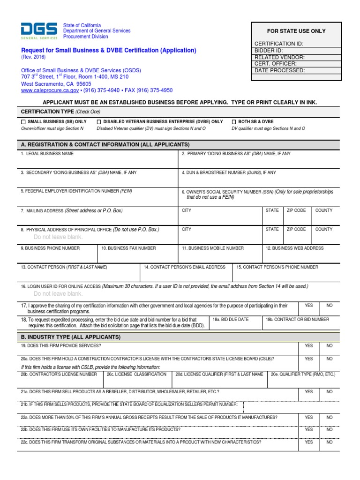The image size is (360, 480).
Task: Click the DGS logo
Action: (39, 30)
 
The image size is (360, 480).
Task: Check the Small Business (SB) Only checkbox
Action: (23, 122)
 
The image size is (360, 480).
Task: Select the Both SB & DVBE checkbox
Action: (234, 122)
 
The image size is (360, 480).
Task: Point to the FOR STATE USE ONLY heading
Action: (296, 31)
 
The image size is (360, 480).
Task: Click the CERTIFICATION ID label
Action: (278, 44)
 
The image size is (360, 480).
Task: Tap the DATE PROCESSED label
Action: (279, 70)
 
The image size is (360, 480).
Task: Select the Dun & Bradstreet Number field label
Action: (229, 172)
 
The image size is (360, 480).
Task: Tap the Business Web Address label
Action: (294, 248)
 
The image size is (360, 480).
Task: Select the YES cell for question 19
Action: (308, 345)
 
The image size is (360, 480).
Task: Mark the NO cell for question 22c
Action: (330, 442)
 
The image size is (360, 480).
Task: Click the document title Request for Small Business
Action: (109, 50)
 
